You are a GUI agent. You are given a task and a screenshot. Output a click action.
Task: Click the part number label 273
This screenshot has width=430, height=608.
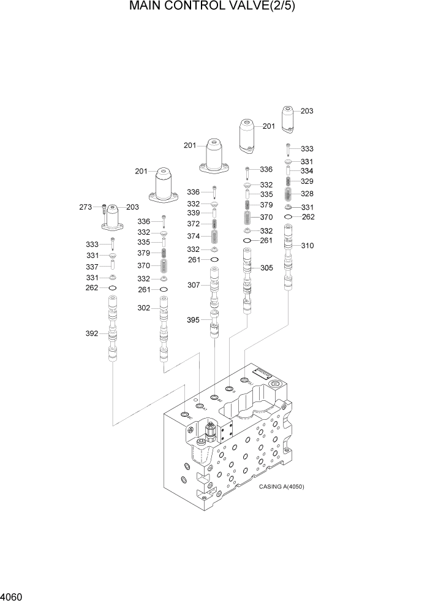(85, 207)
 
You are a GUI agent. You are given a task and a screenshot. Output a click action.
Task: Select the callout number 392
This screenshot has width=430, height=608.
(92, 334)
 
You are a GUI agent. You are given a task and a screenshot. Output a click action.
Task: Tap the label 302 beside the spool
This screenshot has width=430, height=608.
(144, 308)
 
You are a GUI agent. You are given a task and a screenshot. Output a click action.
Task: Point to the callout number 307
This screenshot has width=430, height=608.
(194, 285)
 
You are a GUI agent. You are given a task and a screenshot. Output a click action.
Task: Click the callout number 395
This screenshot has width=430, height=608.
(194, 319)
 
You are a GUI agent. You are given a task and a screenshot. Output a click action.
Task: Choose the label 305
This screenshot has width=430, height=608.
(267, 268)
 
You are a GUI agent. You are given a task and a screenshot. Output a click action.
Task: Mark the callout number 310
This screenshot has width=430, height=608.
(307, 246)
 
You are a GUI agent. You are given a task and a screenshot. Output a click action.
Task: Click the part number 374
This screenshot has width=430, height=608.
(194, 236)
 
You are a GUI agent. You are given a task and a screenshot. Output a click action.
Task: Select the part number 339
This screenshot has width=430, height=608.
(194, 212)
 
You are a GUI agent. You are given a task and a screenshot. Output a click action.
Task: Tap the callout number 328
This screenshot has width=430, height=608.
(307, 194)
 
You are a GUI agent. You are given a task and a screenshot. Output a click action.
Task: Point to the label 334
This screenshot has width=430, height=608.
(307, 171)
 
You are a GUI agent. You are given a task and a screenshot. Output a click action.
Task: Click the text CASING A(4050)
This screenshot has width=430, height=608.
(281, 487)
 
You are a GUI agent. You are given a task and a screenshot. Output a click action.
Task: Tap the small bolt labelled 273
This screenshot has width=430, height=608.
(105, 207)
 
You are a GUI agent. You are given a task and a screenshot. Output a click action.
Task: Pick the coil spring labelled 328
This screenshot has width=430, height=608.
(289, 194)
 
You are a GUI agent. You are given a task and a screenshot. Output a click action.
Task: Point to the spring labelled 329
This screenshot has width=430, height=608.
(289, 181)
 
